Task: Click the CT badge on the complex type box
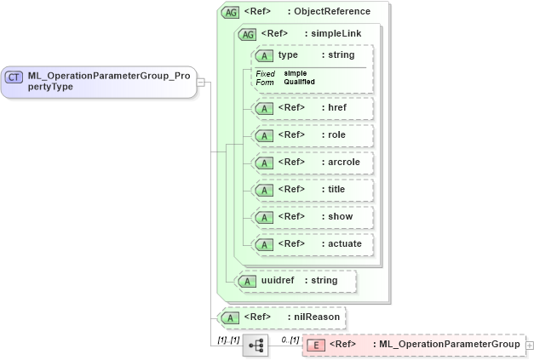pyautogui.click(x=14, y=77)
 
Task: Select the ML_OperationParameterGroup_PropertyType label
pyautogui.click(x=108, y=82)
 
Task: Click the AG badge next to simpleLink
pyautogui.click(x=247, y=34)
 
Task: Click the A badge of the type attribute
pyautogui.click(x=264, y=55)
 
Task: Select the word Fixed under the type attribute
pyautogui.click(x=265, y=73)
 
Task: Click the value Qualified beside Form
pyautogui.click(x=299, y=82)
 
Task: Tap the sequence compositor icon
pyautogui.click(x=256, y=345)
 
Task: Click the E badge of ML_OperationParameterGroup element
pyautogui.click(x=315, y=345)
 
